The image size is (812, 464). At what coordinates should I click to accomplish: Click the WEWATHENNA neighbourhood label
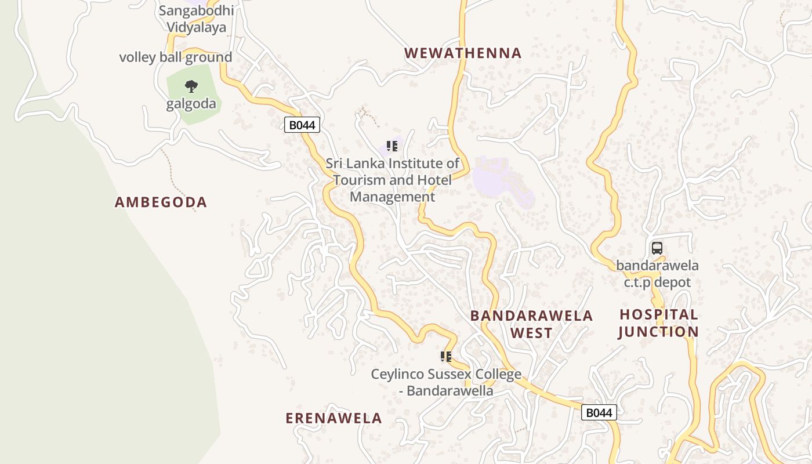coord(463,53)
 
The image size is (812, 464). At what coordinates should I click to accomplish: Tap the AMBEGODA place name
coord(161,202)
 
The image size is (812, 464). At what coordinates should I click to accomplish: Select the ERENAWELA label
coord(333,418)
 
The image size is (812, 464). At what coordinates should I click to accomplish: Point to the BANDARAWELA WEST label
coord(531,324)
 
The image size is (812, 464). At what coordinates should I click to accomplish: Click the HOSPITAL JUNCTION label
coord(658,323)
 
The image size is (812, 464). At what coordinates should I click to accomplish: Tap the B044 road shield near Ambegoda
coord(302,125)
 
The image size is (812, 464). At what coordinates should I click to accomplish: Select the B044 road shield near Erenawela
coord(599,412)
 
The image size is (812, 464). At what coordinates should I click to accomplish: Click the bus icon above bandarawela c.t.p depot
coord(657,248)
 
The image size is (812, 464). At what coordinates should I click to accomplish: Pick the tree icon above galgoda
coord(191,87)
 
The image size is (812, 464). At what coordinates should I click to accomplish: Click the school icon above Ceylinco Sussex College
coord(445,356)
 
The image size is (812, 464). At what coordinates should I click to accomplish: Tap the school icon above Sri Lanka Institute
coord(392,146)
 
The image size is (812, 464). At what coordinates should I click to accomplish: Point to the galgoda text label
coord(191,104)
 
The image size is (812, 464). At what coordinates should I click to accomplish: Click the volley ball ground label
coord(175,57)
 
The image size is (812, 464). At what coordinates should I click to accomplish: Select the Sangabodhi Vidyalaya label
coord(196,19)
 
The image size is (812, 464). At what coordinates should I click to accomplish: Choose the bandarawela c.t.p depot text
coord(657,274)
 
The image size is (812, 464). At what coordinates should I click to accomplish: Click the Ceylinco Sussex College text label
coord(446,382)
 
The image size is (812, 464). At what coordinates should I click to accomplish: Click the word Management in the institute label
coord(392,197)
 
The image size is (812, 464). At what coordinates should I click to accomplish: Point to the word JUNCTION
coord(658,332)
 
